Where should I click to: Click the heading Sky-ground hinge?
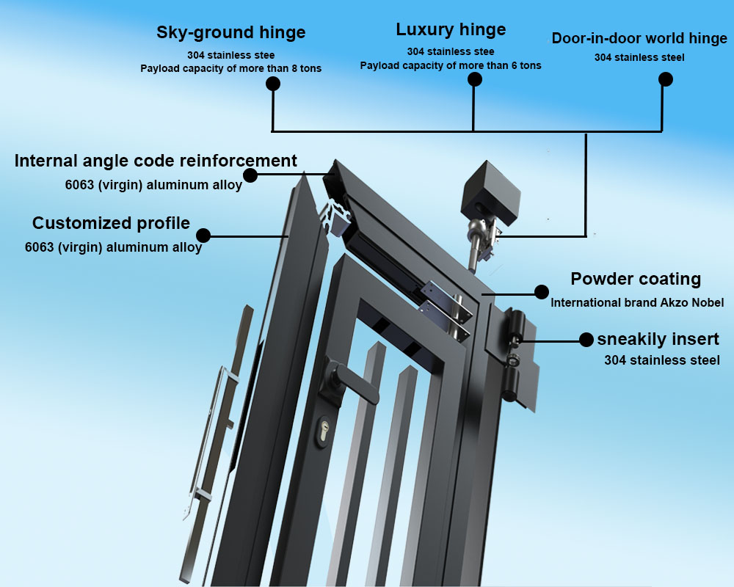tap(230, 32)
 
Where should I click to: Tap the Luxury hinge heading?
tap(451, 29)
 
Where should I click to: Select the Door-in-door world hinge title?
tap(639, 38)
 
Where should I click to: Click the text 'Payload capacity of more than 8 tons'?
tap(230, 68)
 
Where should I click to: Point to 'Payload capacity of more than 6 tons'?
tap(451, 65)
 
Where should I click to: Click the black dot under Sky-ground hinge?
tap(273, 84)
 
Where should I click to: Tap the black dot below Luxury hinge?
tap(475, 79)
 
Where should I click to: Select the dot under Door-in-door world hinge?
tap(666, 79)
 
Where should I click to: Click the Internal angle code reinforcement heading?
tap(156, 161)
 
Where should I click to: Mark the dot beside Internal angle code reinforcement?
tap(250, 175)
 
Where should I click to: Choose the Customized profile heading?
tap(111, 223)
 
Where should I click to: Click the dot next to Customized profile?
tap(203, 236)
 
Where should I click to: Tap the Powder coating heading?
tap(636, 279)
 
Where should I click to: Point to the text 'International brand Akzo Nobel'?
tap(637, 303)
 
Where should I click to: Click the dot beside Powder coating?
tap(542, 292)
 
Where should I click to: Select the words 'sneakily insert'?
tap(658, 339)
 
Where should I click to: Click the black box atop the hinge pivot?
tap(490, 192)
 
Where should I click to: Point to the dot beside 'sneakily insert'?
tap(586, 340)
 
